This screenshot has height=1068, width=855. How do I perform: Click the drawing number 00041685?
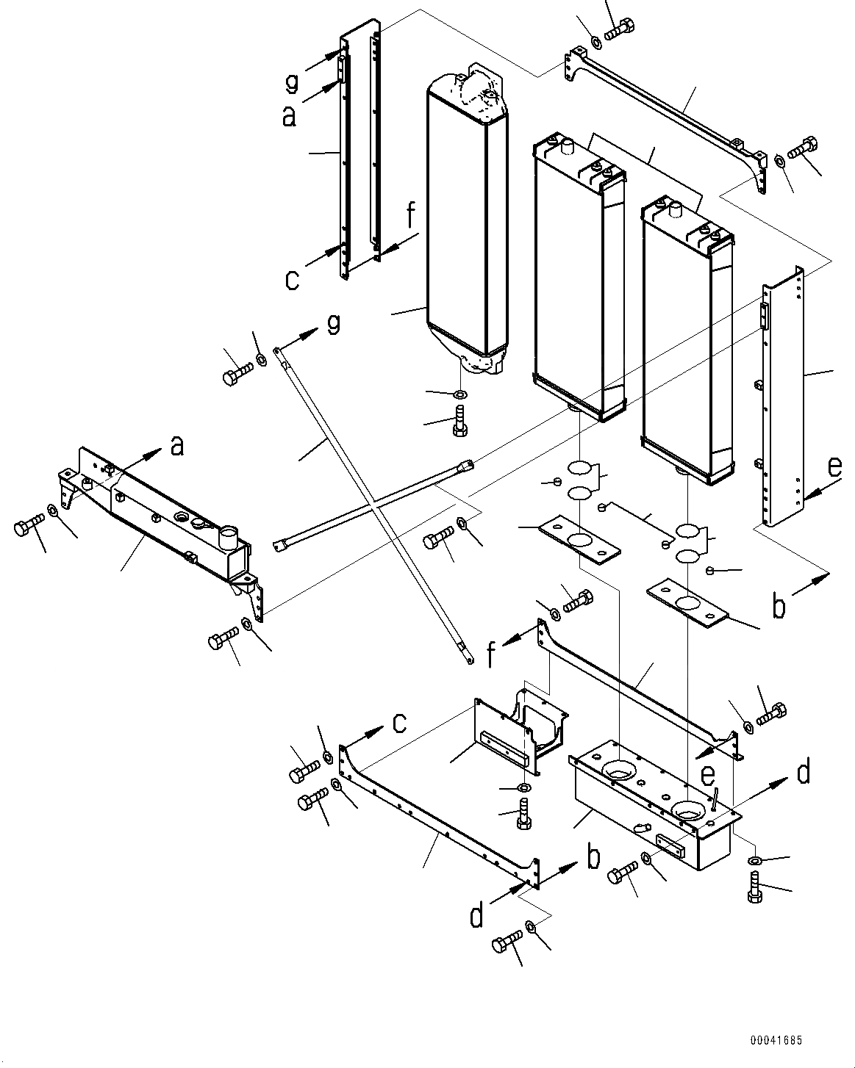(776, 1041)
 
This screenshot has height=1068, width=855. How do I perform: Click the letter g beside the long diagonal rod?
(333, 324)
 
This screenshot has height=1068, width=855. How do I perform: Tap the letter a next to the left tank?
(176, 446)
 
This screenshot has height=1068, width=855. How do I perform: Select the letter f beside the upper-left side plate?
(410, 218)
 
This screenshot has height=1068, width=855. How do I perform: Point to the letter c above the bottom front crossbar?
(398, 723)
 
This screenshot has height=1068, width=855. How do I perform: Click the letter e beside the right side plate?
(832, 468)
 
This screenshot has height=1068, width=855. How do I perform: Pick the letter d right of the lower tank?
(803, 772)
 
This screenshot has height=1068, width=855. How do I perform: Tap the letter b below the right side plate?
(779, 606)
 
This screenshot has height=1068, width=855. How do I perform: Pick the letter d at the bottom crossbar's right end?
(477, 915)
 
